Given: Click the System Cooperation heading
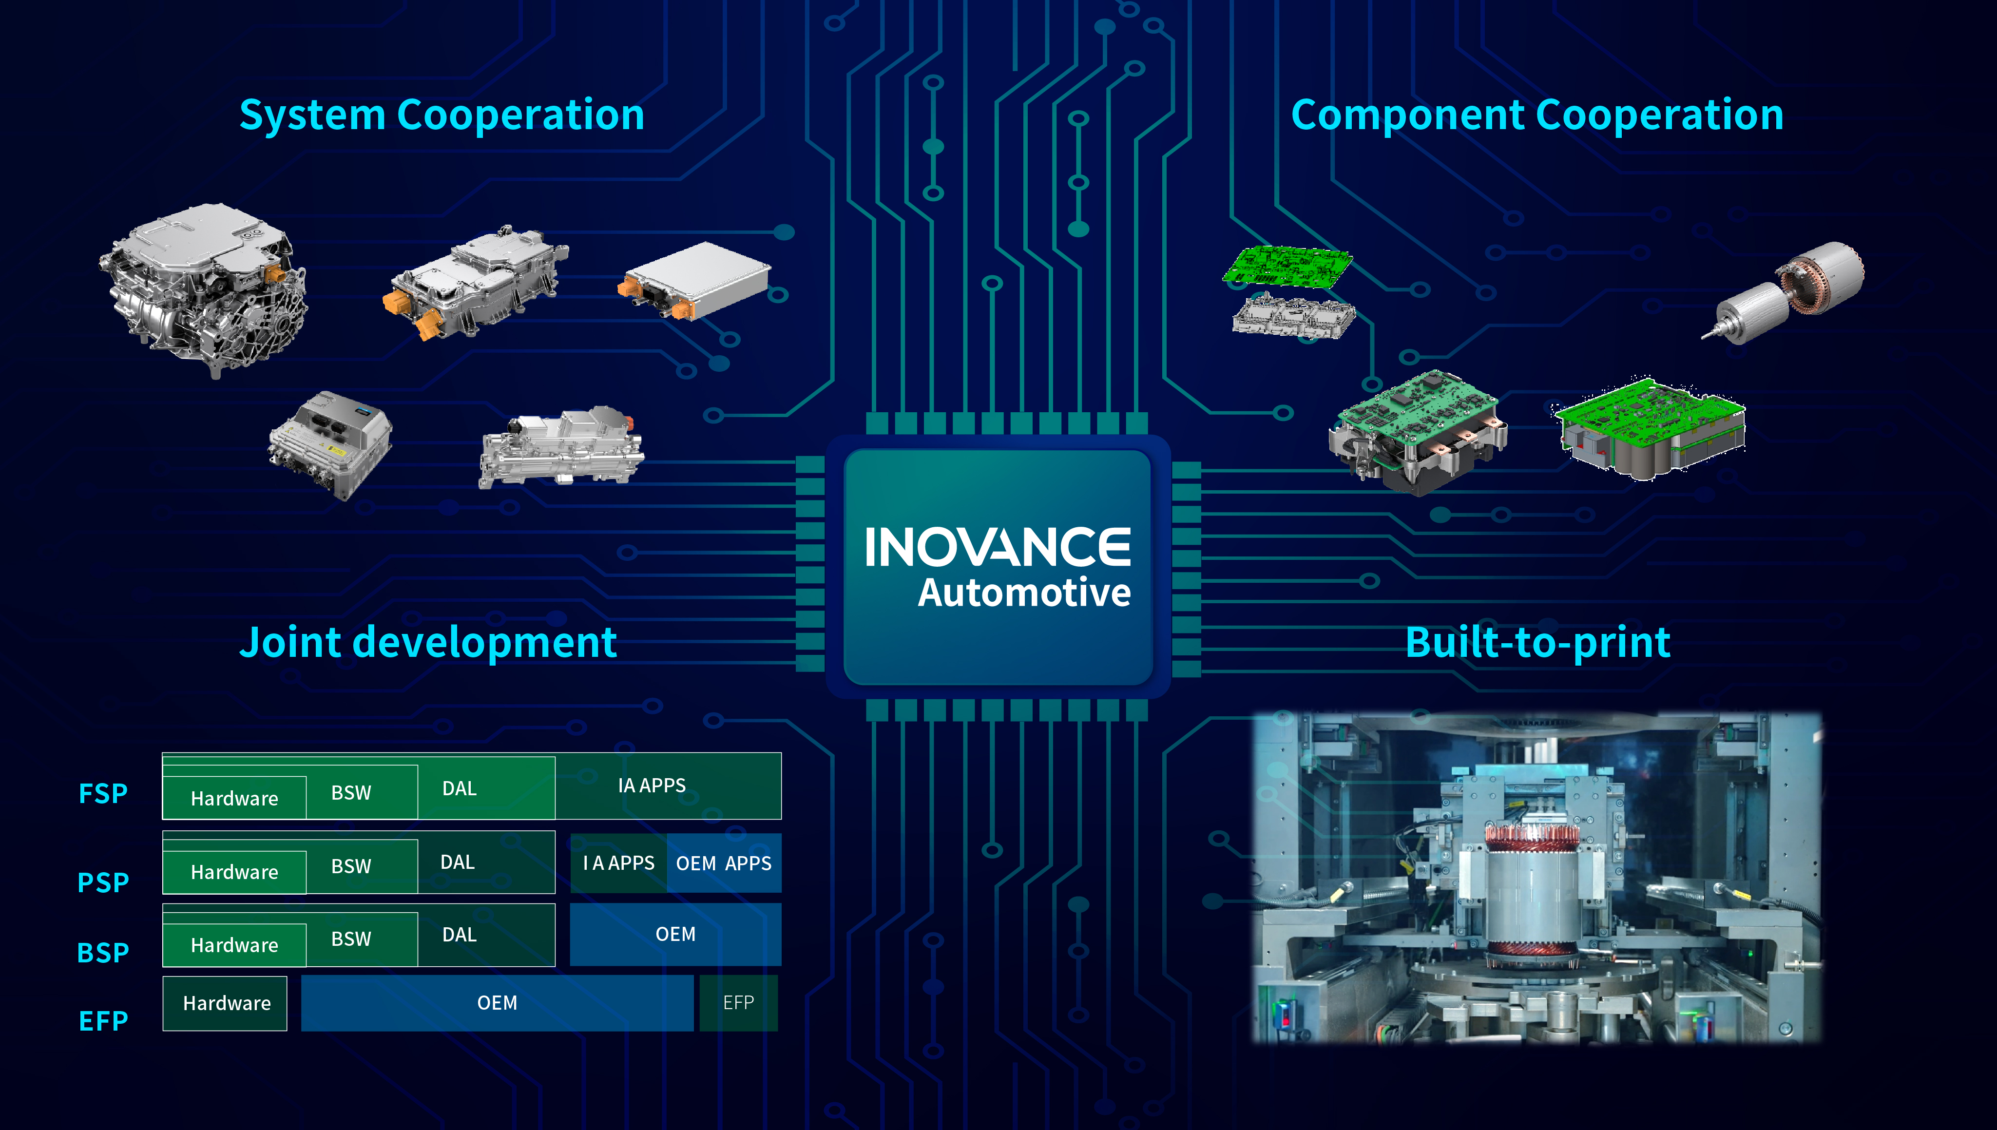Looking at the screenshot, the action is [442, 115].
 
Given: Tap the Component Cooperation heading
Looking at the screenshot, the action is [1537, 115].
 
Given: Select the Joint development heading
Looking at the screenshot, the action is [428, 643].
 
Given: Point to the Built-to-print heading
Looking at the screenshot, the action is [1537, 643].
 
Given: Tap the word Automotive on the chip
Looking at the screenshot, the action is [1024, 593].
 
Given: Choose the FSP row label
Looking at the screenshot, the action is [103, 794].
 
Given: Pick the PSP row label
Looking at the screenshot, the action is [103, 882].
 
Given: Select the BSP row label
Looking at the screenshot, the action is [103, 952].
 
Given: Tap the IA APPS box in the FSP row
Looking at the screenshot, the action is [668, 785].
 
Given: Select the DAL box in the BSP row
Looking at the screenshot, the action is [487, 935].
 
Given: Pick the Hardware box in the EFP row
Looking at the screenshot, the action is [225, 1003].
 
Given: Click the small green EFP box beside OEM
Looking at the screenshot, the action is [738, 1003].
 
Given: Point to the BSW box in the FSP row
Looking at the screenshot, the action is [362, 792].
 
